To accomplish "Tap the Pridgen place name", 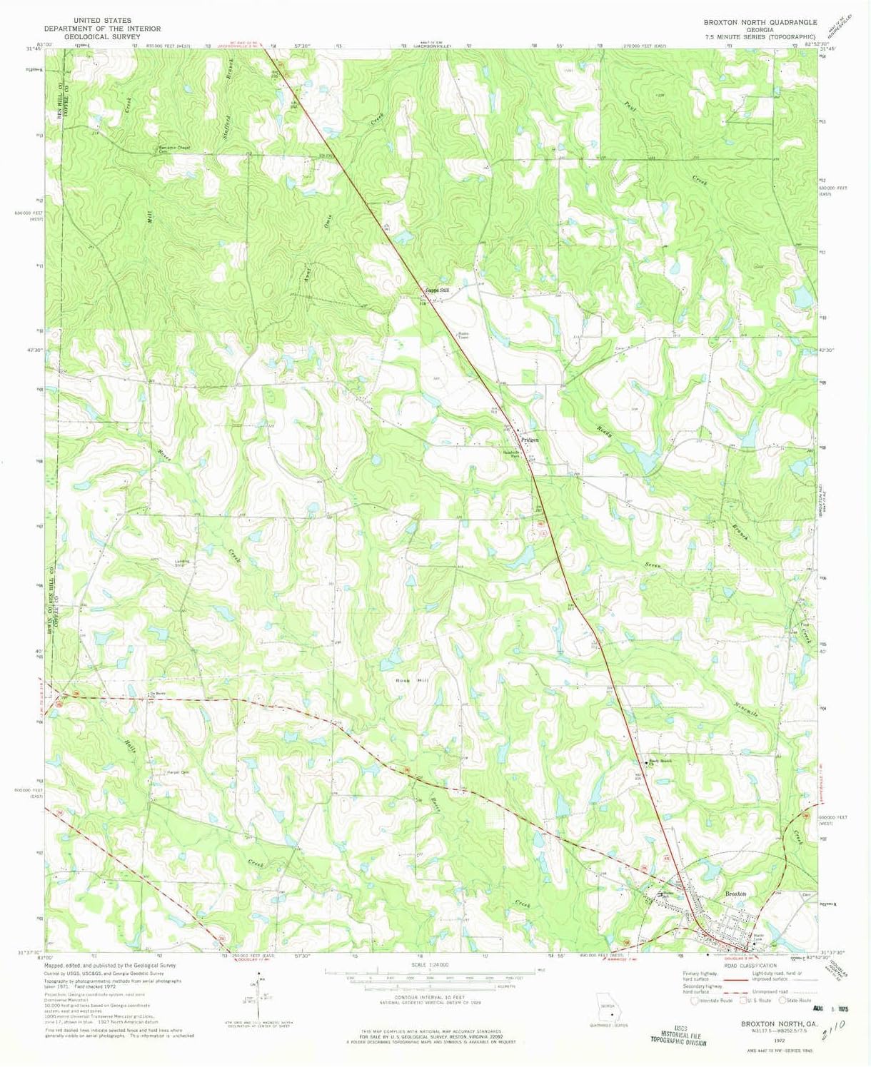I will (x=529, y=440).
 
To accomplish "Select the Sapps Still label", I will (x=438, y=290).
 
